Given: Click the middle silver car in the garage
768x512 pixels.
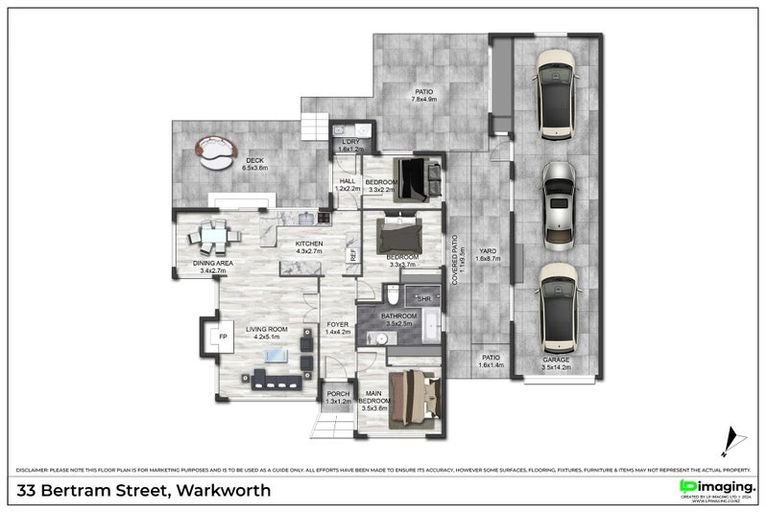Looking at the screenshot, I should (558, 206).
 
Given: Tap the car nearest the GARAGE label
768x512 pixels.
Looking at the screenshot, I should (558, 306).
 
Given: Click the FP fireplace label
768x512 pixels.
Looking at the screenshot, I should (221, 337).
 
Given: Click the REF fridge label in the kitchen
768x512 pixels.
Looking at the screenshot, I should (353, 256).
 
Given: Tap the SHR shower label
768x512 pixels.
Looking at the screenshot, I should (424, 298).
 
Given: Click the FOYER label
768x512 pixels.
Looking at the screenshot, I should (338, 324).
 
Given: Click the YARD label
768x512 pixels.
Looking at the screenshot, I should (488, 252).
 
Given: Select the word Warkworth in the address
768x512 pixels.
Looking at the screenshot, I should (221, 491).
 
